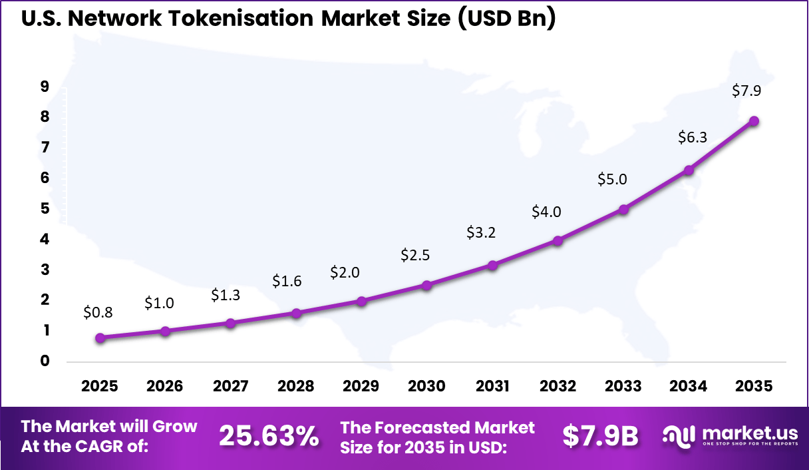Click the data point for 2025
(x=100, y=338)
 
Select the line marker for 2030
(x=426, y=286)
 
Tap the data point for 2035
(x=754, y=120)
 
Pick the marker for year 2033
(x=623, y=209)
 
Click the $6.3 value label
(x=692, y=138)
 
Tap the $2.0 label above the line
(x=345, y=272)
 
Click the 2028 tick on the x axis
(x=296, y=387)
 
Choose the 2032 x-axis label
(x=558, y=387)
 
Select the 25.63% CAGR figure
(x=269, y=437)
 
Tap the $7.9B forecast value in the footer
(x=600, y=437)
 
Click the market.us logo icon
(x=679, y=436)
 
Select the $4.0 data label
(x=546, y=212)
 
